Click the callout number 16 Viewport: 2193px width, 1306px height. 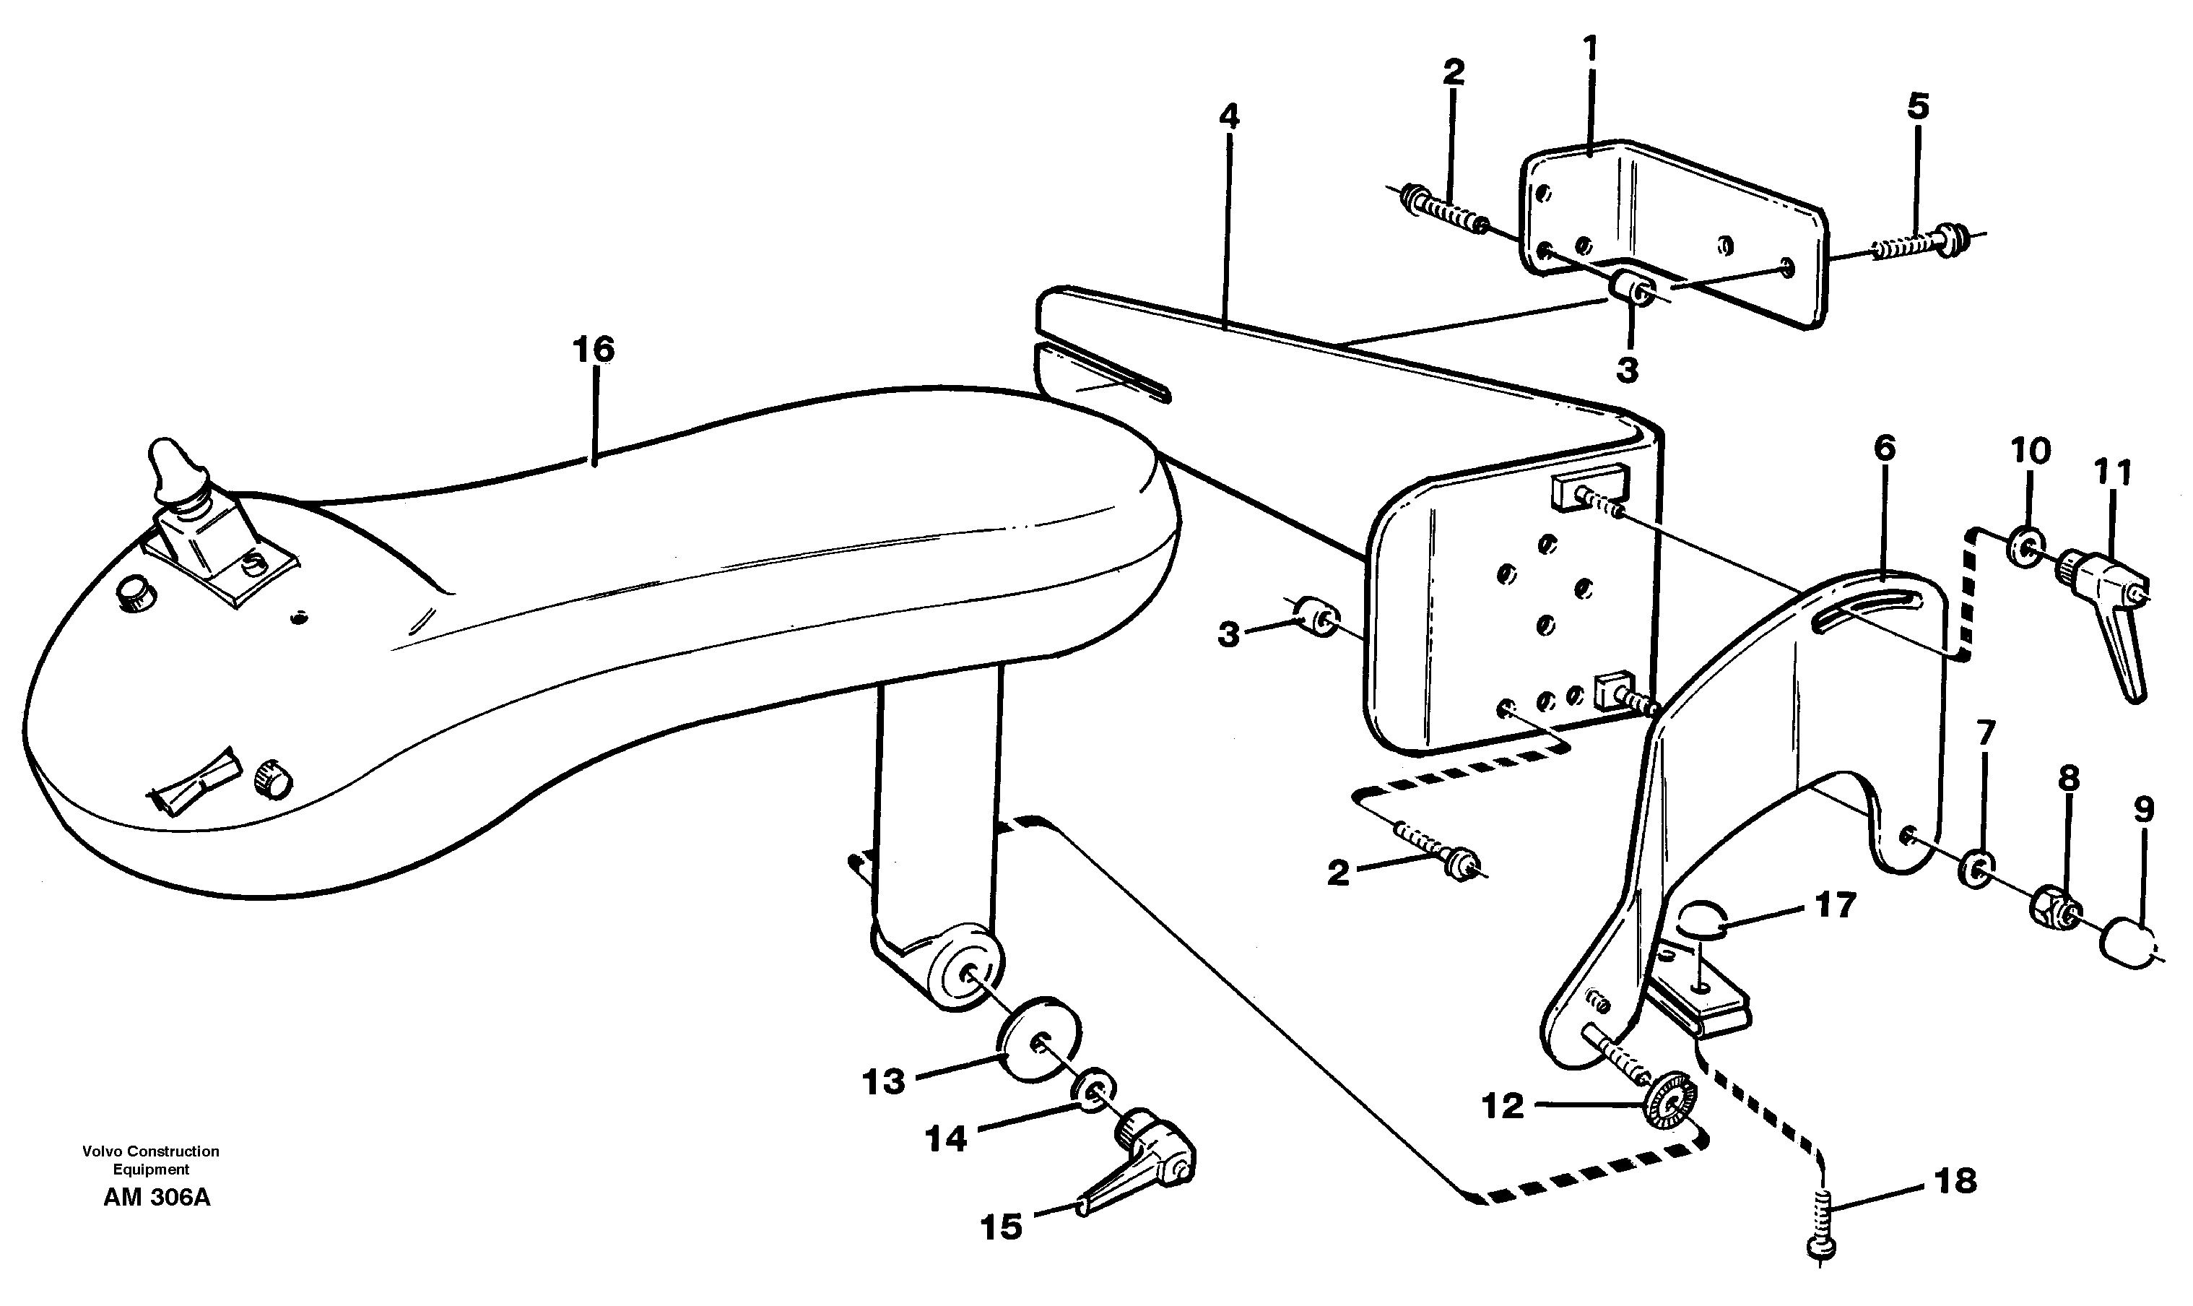[x=593, y=350]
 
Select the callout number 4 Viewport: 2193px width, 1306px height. [x=1229, y=116]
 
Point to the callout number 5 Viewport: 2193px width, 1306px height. [x=1918, y=106]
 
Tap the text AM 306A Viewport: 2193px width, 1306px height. [x=157, y=1198]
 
